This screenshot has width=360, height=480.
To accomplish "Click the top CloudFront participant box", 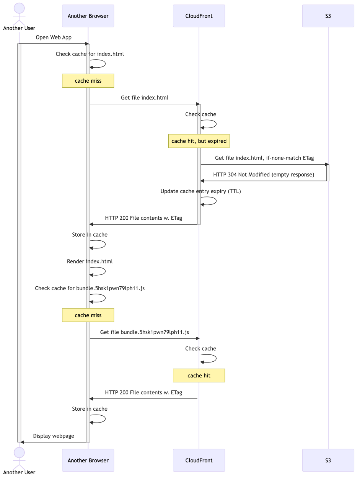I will pos(199,16).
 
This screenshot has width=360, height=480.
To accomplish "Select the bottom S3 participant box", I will pos(328,460).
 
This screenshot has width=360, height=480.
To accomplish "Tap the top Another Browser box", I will pos(88,16).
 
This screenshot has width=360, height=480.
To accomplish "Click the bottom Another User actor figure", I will pos(19,458).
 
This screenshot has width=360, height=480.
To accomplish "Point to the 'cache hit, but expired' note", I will pos(199,141).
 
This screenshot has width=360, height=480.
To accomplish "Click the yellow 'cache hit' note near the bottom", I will pos(199,376).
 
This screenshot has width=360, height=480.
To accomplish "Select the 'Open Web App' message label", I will pos(54,38).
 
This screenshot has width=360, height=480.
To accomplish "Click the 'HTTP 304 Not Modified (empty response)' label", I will pos(264,175).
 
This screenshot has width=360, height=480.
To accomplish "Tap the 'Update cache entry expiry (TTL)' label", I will pos(200,191).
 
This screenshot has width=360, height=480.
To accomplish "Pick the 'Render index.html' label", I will pos(90,261).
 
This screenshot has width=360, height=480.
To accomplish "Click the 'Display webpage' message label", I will pos(54,436).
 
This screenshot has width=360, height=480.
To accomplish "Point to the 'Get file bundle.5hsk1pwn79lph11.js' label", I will pos(145,332).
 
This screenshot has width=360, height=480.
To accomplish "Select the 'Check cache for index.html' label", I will pos(90,54).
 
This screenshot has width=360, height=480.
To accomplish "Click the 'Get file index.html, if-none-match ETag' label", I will pos(264,158).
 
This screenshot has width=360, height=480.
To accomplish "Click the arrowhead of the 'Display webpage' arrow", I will pos(23,442).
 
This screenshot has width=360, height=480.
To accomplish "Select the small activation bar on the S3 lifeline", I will pos(328,173).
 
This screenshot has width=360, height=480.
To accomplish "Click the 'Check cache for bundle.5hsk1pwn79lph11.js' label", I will pos(90,288).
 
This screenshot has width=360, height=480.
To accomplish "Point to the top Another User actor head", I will pos(19,8).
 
